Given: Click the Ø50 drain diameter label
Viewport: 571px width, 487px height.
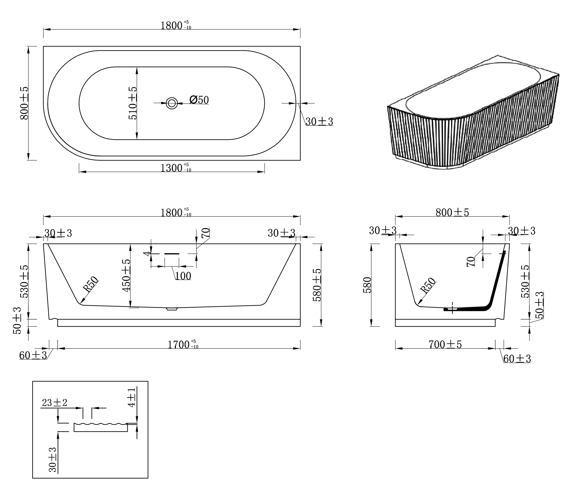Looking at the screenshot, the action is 199,100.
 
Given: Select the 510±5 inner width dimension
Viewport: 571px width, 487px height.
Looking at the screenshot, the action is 133,103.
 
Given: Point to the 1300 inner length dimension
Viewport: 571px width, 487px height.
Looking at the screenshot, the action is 176,168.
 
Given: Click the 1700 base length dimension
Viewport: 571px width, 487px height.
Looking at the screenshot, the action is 183,344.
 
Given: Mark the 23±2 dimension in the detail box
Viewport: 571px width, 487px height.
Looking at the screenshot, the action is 55,402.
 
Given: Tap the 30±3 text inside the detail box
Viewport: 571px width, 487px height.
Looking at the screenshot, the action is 53,460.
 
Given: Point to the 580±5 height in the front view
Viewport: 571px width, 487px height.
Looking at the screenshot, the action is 317,285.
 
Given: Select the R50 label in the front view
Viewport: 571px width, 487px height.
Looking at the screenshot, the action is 91,284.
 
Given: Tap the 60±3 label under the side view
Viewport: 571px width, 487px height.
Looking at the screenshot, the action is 517,358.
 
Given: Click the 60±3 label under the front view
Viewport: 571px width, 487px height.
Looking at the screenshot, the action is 33,355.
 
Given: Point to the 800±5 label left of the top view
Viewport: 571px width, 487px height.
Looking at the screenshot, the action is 24,103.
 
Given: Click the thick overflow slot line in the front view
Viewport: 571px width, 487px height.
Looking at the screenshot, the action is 172,254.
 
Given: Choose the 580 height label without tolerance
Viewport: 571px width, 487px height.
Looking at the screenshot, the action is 367,285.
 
